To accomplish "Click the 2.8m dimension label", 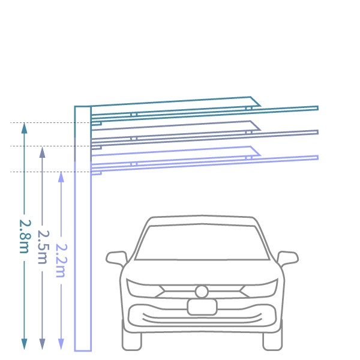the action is (25, 236).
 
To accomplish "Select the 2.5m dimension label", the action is (43, 247).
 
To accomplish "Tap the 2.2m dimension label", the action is (62, 260).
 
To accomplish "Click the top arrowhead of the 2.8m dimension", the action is (25, 128).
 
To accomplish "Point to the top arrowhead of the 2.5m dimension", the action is (42, 152).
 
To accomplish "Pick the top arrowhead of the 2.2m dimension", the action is (61, 177).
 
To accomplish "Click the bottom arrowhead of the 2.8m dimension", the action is (25, 344).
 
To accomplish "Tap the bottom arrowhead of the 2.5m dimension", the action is (42, 344).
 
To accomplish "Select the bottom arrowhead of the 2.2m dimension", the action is (61, 344).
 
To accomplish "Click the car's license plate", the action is (202, 307).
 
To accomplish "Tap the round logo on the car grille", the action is (202, 292).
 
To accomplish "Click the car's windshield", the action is (202, 242).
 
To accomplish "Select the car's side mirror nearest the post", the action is (116, 259).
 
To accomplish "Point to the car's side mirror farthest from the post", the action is (287, 259).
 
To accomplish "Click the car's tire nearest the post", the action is (131, 341).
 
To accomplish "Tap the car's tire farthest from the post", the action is (272, 341).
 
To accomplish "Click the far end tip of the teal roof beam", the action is (318, 108).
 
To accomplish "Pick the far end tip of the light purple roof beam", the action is (318, 157).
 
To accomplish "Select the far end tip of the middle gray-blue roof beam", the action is (318, 132).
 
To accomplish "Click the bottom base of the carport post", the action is (83, 350).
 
